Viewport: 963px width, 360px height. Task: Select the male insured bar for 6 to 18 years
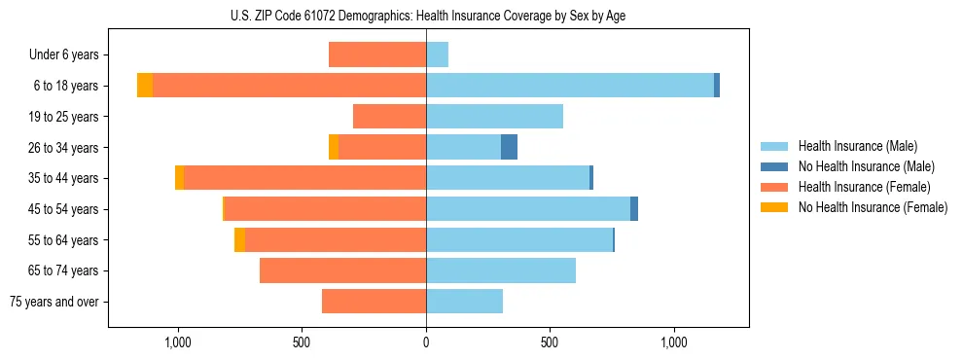(x=569, y=86)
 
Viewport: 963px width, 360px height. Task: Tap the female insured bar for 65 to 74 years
(x=342, y=270)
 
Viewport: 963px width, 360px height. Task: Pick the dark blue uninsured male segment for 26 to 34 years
(x=509, y=147)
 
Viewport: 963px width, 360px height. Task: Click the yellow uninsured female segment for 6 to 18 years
(x=145, y=86)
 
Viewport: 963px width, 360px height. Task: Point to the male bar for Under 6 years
(x=437, y=54)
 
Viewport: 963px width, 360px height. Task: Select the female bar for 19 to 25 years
(x=389, y=117)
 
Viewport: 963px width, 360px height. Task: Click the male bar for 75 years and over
(x=464, y=302)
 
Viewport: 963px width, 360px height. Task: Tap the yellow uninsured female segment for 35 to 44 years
(x=179, y=178)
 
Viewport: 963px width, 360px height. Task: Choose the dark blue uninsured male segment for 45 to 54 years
(x=634, y=209)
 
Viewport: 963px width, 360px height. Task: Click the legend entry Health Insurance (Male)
(x=857, y=146)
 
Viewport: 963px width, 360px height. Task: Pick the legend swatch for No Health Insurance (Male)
(x=774, y=166)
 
